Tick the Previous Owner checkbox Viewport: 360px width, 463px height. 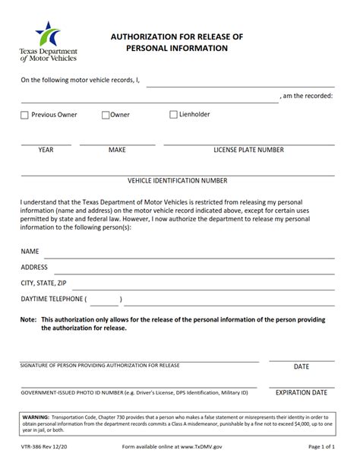24,116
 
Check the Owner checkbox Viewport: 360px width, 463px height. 106,116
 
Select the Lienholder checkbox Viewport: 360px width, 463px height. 173,115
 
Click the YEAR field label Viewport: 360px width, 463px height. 46,150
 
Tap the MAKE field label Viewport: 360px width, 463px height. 117,150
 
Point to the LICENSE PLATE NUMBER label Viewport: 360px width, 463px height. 248,150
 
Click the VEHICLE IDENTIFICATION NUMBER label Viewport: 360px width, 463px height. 178,181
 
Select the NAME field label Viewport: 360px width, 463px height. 30,251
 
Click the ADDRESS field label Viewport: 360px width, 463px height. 34,267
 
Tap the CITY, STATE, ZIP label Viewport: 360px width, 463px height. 38,283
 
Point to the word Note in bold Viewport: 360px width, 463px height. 29,319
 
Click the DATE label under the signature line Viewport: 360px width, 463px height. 301,366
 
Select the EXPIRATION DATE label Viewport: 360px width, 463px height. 301,393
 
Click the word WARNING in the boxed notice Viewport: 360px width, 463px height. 36,418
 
